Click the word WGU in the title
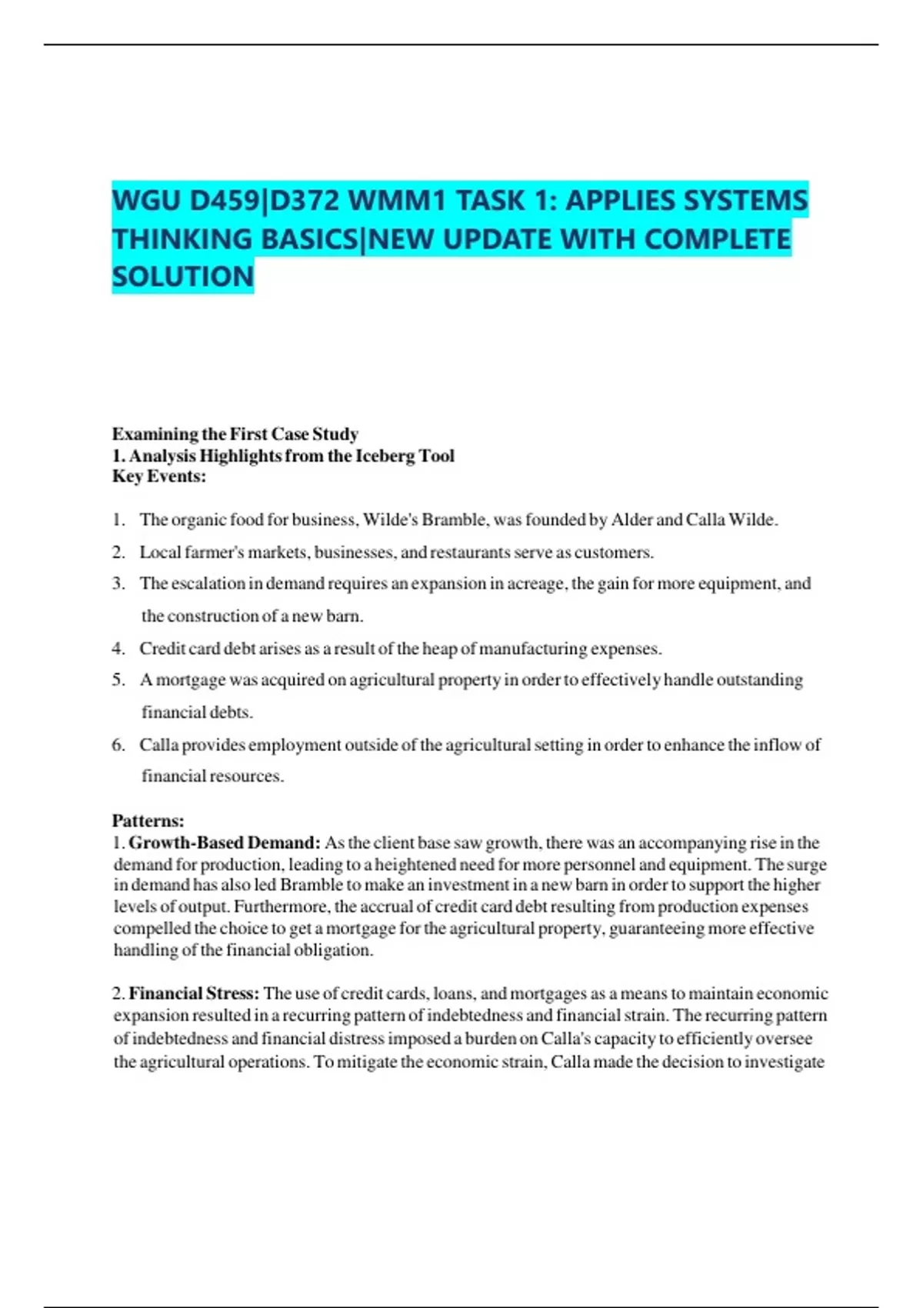[146, 201]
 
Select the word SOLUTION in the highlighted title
[182, 277]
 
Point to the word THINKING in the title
[183, 239]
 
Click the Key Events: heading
[159, 477]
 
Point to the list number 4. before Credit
[118, 649]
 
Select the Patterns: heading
[148, 821]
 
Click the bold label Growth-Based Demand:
[224, 843]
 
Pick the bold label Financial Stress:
[194, 994]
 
